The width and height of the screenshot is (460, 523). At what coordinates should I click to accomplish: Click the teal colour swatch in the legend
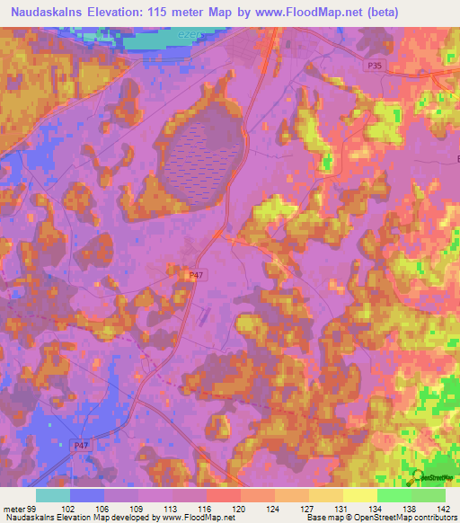point(53,495)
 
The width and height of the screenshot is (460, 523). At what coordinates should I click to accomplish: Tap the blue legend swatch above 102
point(87,495)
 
